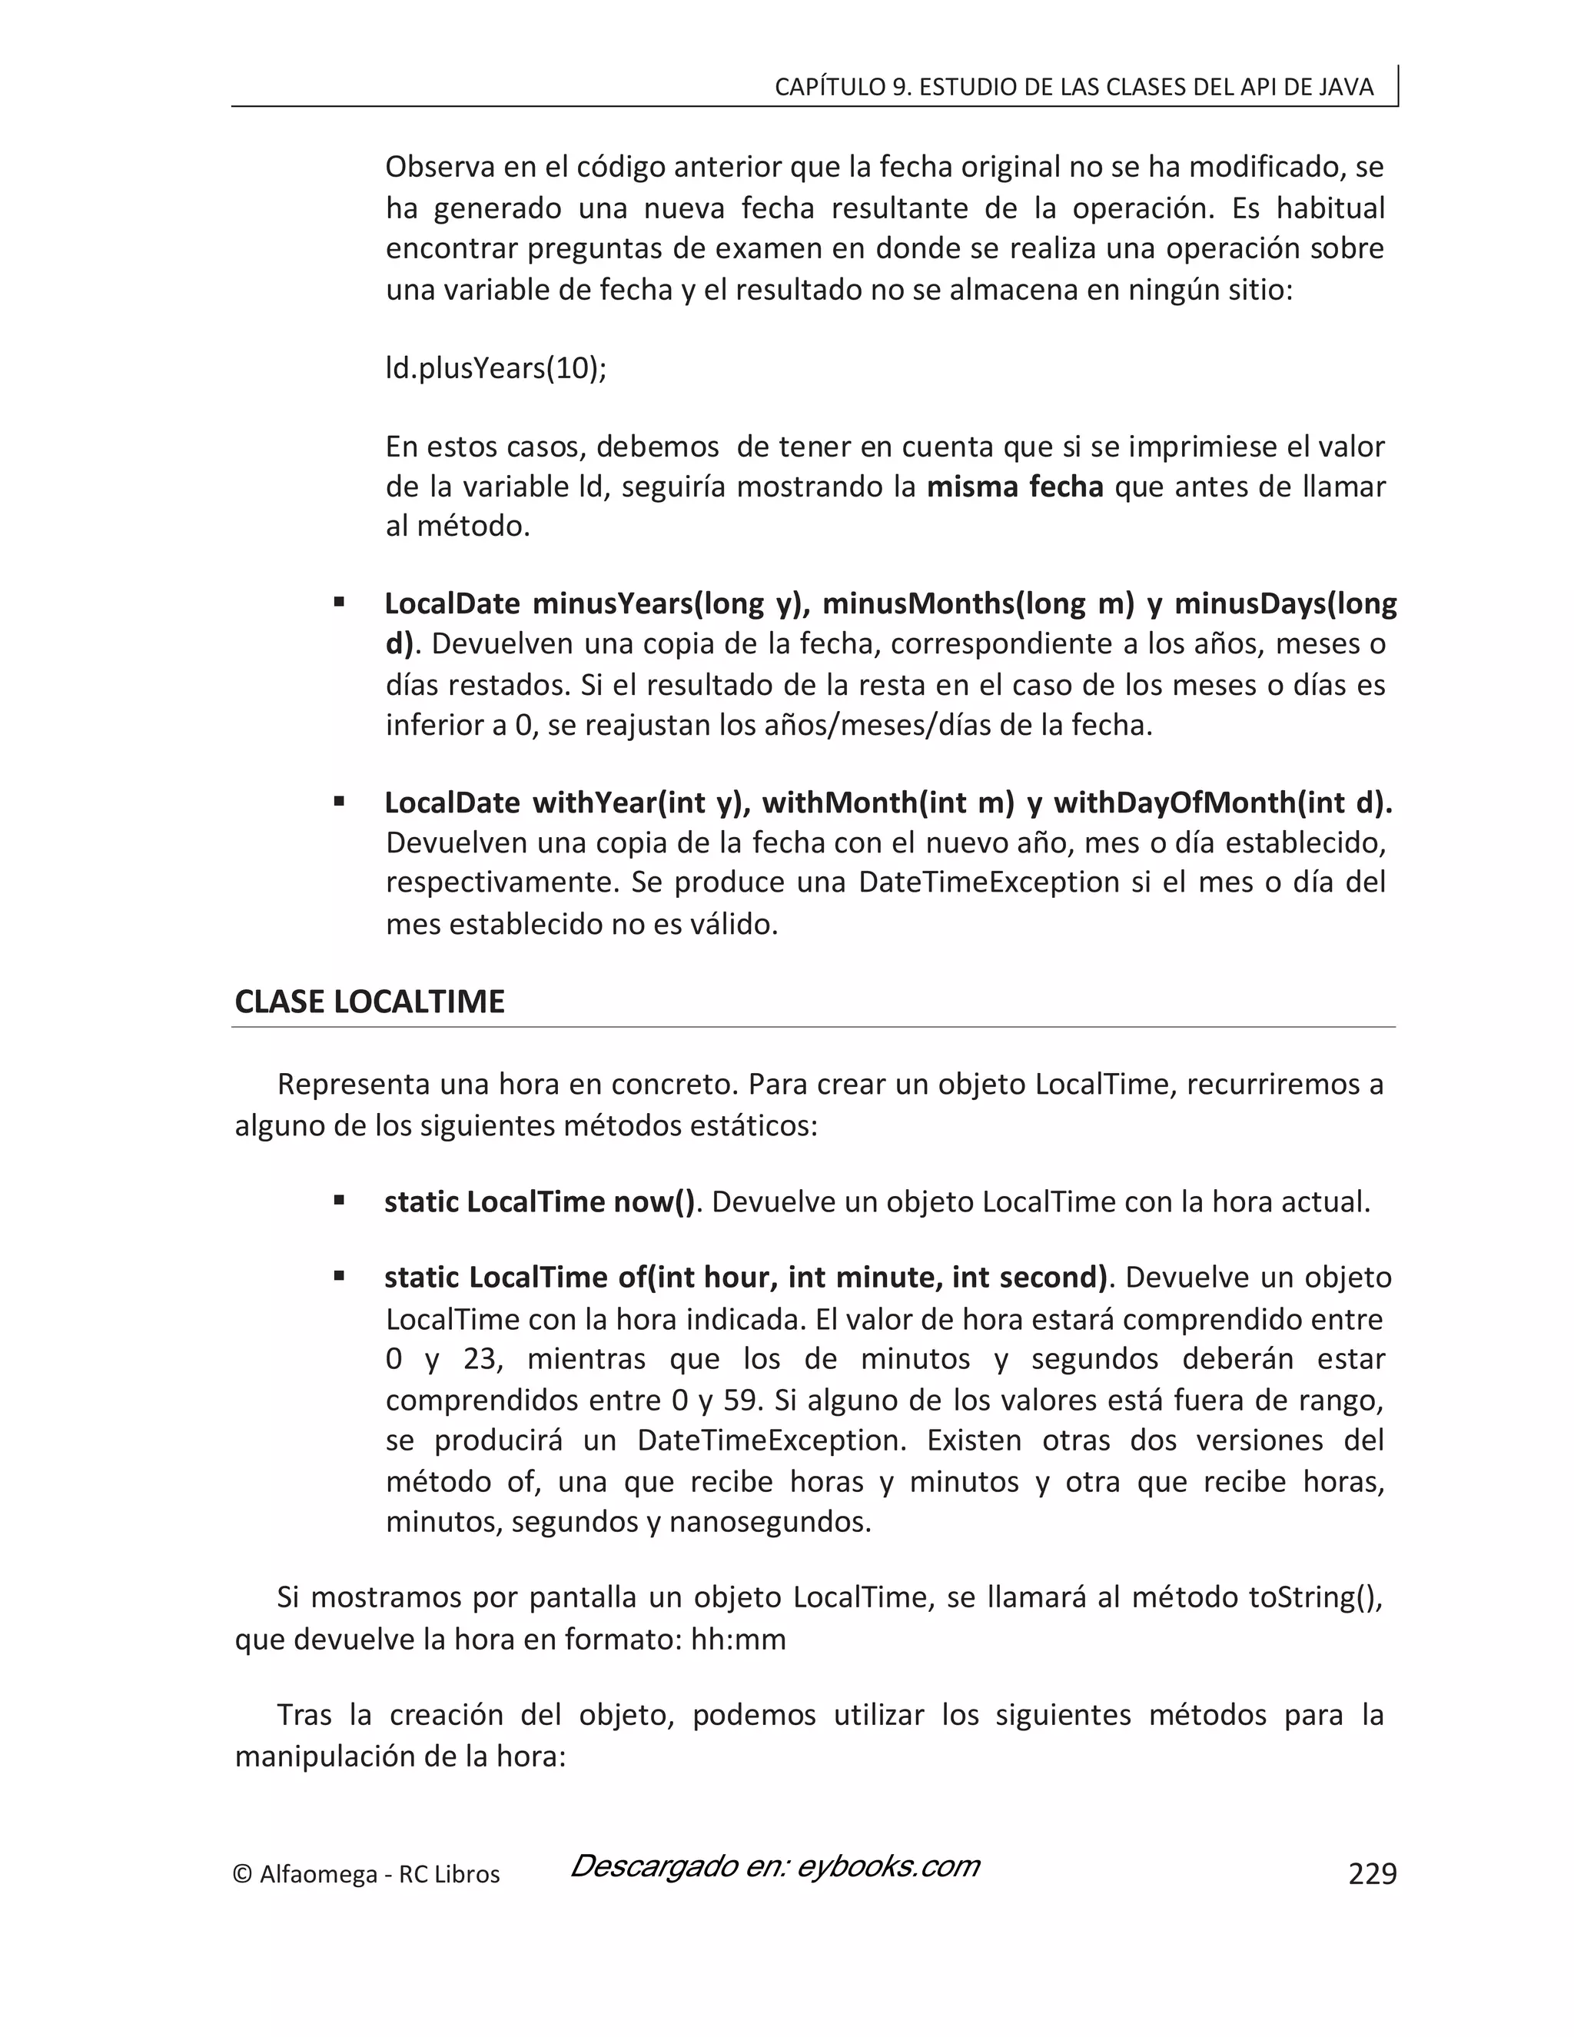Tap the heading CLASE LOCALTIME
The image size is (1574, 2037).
click(x=369, y=1002)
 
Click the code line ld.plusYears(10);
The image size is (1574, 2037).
click(x=496, y=368)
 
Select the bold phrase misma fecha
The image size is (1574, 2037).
click(x=1014, y=487)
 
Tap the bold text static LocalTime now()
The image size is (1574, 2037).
click(x=540, y=1201)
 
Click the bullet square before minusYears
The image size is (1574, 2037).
click(x=340, y=603)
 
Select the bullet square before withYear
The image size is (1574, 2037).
click(x=340, y=801)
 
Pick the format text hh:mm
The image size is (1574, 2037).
click(x=739, y=1640)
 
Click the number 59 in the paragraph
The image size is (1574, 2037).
click(x=739, y=1400)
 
